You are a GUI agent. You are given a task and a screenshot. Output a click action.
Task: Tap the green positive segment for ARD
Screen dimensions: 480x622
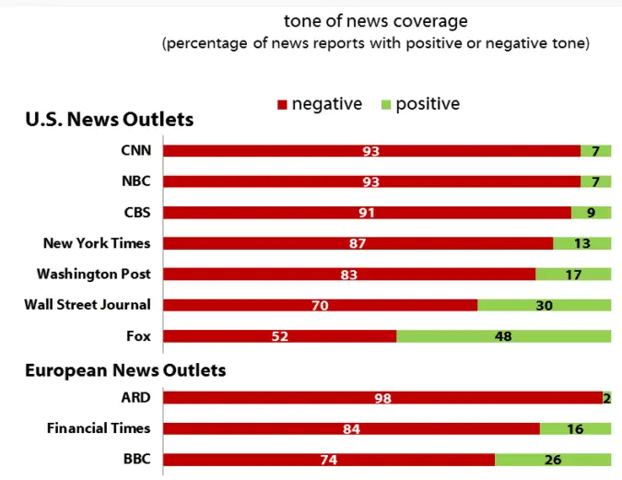pos(606,397)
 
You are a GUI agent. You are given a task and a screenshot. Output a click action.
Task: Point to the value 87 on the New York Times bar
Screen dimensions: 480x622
pos(358,243)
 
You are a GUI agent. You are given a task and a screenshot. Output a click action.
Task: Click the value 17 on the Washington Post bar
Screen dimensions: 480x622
pos(573,275)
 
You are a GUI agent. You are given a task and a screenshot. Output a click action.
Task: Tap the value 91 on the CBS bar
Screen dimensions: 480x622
pos(367,213)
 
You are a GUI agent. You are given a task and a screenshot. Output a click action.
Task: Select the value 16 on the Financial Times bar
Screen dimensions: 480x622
pos(575,428)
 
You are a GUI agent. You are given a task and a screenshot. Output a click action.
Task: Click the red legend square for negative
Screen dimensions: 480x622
pos(282,105)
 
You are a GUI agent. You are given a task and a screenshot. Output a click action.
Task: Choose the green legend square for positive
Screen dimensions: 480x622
pos(385,105)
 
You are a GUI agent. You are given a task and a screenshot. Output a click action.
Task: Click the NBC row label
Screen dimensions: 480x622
pos(135,181)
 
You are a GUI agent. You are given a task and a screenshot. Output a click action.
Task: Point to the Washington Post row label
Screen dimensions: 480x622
pos(93,274)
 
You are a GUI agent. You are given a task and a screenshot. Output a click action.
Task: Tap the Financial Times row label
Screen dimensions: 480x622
pos(99,427)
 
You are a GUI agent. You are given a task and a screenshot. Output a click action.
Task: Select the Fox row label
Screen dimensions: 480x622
pos(138,335)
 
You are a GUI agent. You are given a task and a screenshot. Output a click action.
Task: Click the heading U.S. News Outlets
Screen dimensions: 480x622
pos(109,119)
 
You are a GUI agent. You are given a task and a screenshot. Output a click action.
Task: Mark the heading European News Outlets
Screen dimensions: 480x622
pos(125,370)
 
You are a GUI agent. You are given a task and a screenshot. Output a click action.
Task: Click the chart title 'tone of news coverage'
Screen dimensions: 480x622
pos(375,20)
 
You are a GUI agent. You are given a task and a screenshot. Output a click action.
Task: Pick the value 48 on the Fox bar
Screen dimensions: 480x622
pos(503,336)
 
